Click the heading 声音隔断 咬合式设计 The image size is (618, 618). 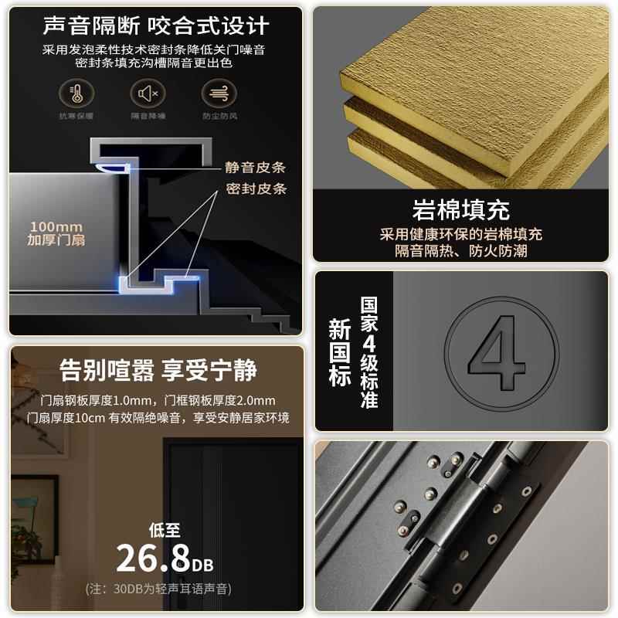coord(155,25)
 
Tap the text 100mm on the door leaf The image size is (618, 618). coord(56,227)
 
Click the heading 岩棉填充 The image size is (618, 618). coord(460,210)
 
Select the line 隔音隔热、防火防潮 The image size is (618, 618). coord(461,250)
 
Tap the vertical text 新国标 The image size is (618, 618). coord(339,352)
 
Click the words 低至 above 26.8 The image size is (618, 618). coord(165,530)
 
